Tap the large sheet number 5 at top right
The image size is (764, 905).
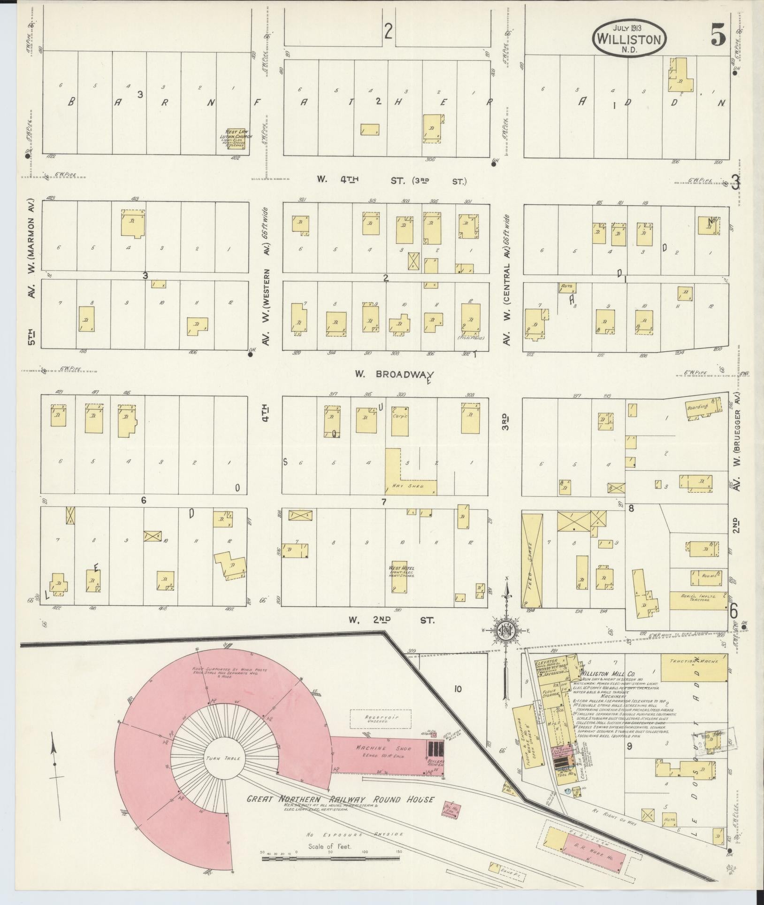click(x=718, y=36)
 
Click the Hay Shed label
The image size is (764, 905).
click(x=411, y=486)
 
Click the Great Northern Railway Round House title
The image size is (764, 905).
click(x=341, y=799)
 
